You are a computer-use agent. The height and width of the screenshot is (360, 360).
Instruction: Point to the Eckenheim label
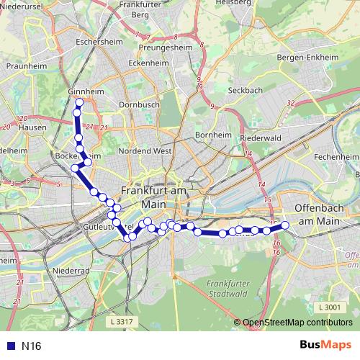point(149,63)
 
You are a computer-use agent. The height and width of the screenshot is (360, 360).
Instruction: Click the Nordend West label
point(145,151)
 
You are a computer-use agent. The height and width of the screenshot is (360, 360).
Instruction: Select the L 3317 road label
point(124,320)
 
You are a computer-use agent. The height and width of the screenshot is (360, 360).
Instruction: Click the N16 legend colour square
point(9,346)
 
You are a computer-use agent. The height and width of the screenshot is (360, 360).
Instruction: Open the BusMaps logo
point(325,346)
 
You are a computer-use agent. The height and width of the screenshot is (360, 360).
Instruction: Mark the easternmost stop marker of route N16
point(284,225)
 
